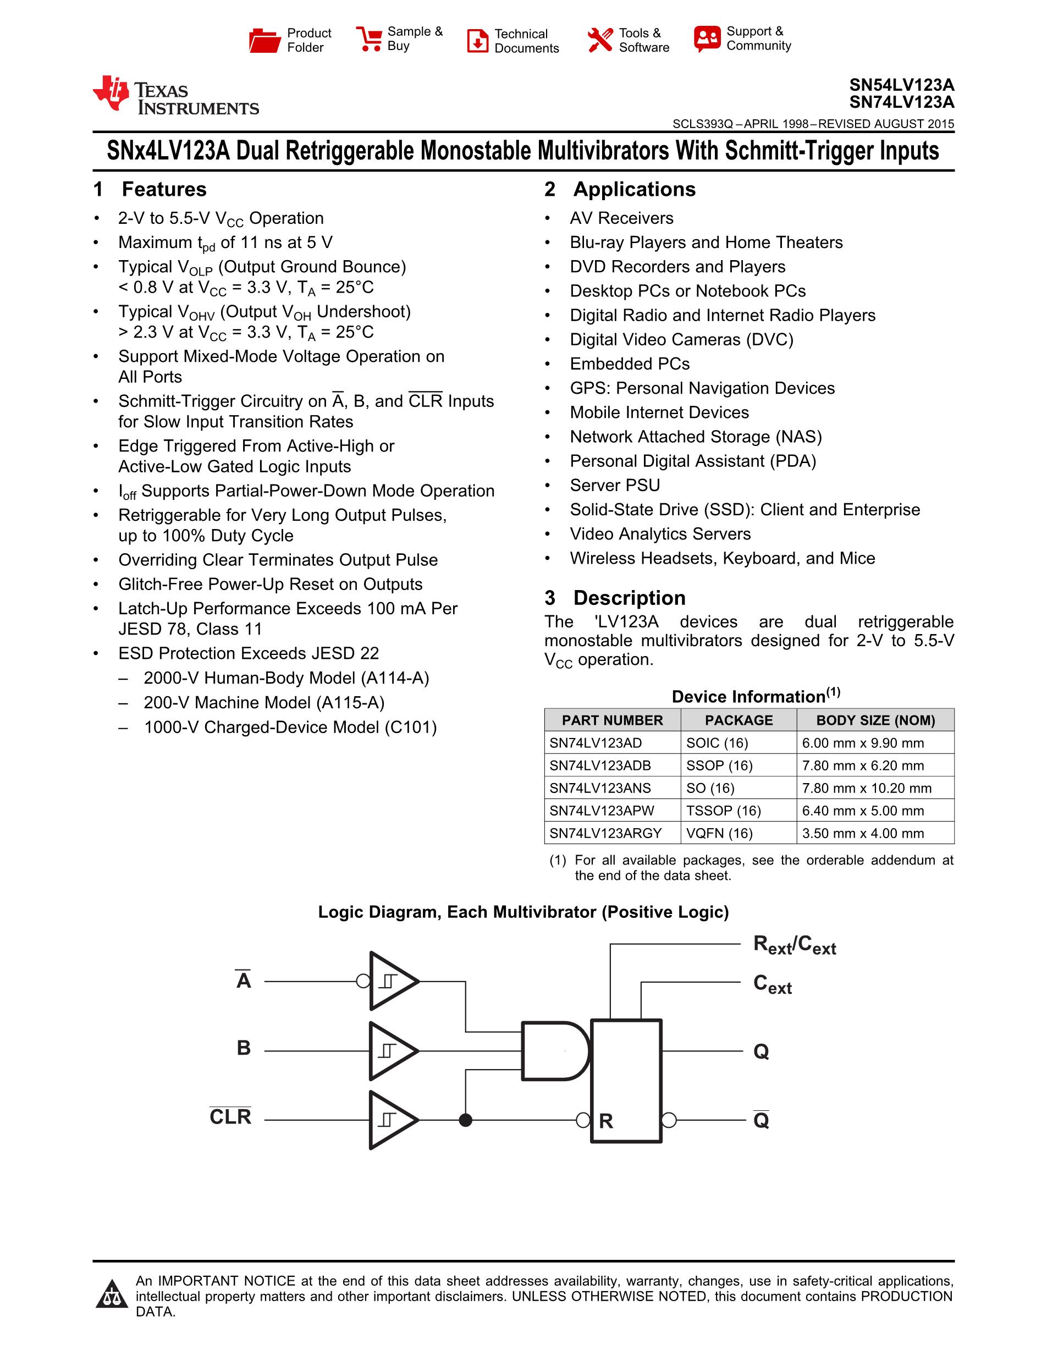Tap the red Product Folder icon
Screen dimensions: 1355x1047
coord(264,40)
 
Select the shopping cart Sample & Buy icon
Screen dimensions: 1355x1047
coord(369,38)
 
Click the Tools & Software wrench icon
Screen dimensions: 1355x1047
coord(600,40)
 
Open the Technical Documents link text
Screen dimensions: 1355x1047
coord(526,41)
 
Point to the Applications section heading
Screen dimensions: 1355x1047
coord(633,189)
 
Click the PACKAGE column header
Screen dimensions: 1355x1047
coord(738,720)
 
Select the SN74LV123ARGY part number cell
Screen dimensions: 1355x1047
coord(605,833)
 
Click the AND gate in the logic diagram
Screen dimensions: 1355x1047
coord(554,1051)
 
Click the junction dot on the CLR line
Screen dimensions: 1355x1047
coord(465,1120)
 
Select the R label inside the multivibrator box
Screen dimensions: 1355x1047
coord(606,1121)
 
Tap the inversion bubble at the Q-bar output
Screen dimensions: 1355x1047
coord(669,1120)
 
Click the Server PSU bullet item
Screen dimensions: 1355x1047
coord(615,485)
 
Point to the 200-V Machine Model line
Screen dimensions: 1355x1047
coord(263,702)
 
